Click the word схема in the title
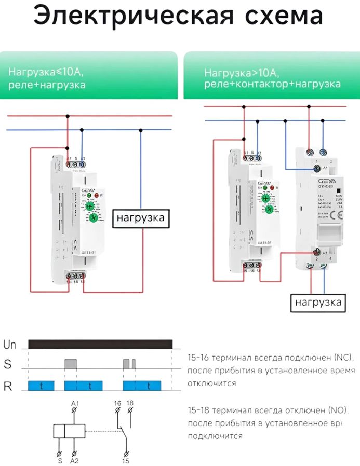(x=275, y=17)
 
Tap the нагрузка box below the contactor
(x=318, y=301)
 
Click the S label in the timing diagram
(x=7, y=365)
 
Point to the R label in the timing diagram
(x=8, y=386)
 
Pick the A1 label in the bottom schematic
(x=75, y=402)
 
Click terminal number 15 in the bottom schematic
(x=125, y=460)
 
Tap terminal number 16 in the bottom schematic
(x=117, y=402)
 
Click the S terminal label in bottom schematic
(x=59, y=460)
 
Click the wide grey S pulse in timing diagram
(x=71, y=364)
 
